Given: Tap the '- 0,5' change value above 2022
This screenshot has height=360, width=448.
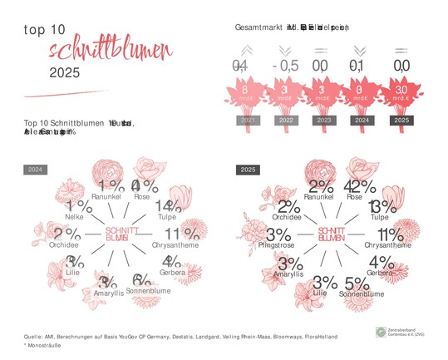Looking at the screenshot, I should pyautogui.click(x=285, y=65).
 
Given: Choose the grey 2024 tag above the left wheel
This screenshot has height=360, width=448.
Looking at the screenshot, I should pyautogui.click(x=36, y=170).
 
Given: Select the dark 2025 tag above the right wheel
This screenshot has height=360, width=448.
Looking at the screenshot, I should pyautogui.click(x=248, y=170).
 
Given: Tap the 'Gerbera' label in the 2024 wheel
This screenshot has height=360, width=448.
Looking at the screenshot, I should pyautogui.click(x=173, y=273).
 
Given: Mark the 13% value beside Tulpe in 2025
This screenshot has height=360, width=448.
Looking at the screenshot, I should pyautogui.click(x=382, y=206).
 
